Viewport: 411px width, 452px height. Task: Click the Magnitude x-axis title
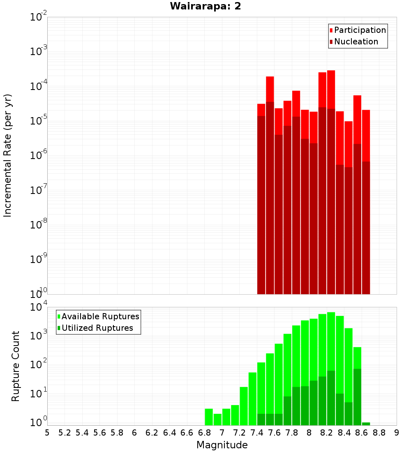(x=222, y=445)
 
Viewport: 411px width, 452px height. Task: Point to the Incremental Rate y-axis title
(x=8, y=155)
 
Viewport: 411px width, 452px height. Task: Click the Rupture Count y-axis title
(x=16, y=366)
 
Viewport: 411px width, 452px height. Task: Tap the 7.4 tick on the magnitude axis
(x=257, y=433)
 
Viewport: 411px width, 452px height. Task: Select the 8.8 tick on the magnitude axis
(x=379, y=433)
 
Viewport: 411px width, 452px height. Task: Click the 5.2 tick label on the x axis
(x=65, y=433)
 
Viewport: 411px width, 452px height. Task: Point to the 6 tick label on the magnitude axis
(x=134, y=433)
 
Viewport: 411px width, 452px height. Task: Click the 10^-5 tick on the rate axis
(x=39, y=120)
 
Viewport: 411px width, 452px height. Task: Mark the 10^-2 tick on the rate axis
(x=39, y=17)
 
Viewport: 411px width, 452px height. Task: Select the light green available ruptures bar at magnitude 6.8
(x=209, y=417)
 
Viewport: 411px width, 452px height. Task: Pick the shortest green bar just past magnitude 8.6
(x=366, y=424)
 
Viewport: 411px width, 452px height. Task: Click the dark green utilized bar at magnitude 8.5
(x=357, y=397)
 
